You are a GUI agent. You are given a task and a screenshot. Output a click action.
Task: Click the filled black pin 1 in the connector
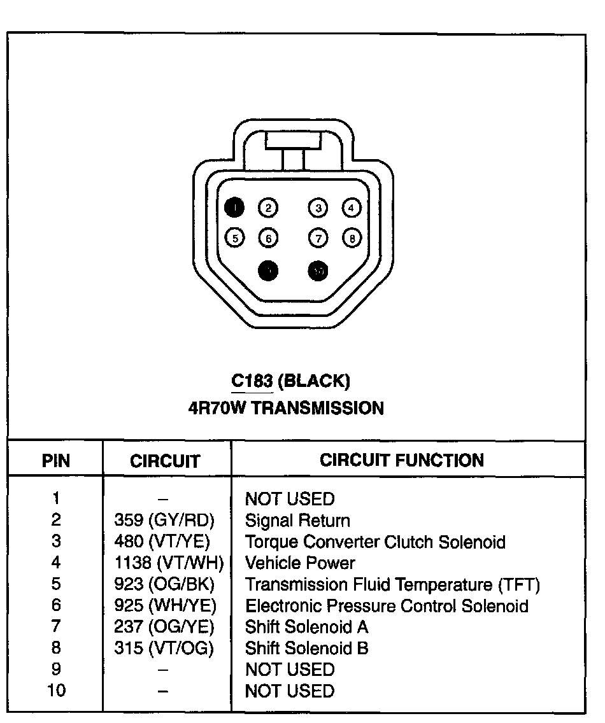(x=235, y=207)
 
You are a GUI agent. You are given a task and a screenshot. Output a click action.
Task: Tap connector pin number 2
(x=268, y=207)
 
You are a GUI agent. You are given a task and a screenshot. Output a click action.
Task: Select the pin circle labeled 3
(x=318, y=207)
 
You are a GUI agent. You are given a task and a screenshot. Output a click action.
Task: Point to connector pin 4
(x=351, y=207)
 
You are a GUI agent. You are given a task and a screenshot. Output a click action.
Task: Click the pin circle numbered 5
(x=235, y=238)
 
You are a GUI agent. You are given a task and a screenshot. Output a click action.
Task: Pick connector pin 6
(x=268, y=238)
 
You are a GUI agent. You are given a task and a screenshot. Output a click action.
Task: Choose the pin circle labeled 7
(x=318, y=238)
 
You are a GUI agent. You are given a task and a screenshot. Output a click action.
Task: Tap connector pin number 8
(x=351, y=238)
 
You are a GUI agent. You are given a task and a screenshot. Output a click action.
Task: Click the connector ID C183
(x=252, y=381)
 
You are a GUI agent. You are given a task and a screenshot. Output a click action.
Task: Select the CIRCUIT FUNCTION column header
(x=402, y=460)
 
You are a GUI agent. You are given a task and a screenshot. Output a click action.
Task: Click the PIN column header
(x=56, y=460)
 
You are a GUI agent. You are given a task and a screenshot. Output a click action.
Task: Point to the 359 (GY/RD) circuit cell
(x=164, y=521)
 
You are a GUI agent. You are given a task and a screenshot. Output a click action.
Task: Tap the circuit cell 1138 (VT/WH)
(x=164, y=563)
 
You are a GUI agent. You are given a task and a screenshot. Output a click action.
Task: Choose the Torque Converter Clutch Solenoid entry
(x=375, y=542)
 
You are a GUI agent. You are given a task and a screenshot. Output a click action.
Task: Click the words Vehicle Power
(x=300, y=563)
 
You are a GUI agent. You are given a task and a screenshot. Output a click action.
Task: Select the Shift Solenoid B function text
(x=307, y=649)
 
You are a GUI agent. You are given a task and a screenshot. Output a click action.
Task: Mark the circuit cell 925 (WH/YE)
(x=164, y=606)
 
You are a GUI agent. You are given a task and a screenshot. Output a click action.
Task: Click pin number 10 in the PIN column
(x=56, y=691)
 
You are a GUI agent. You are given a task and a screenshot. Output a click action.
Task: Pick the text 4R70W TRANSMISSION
(x=286, y=407)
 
